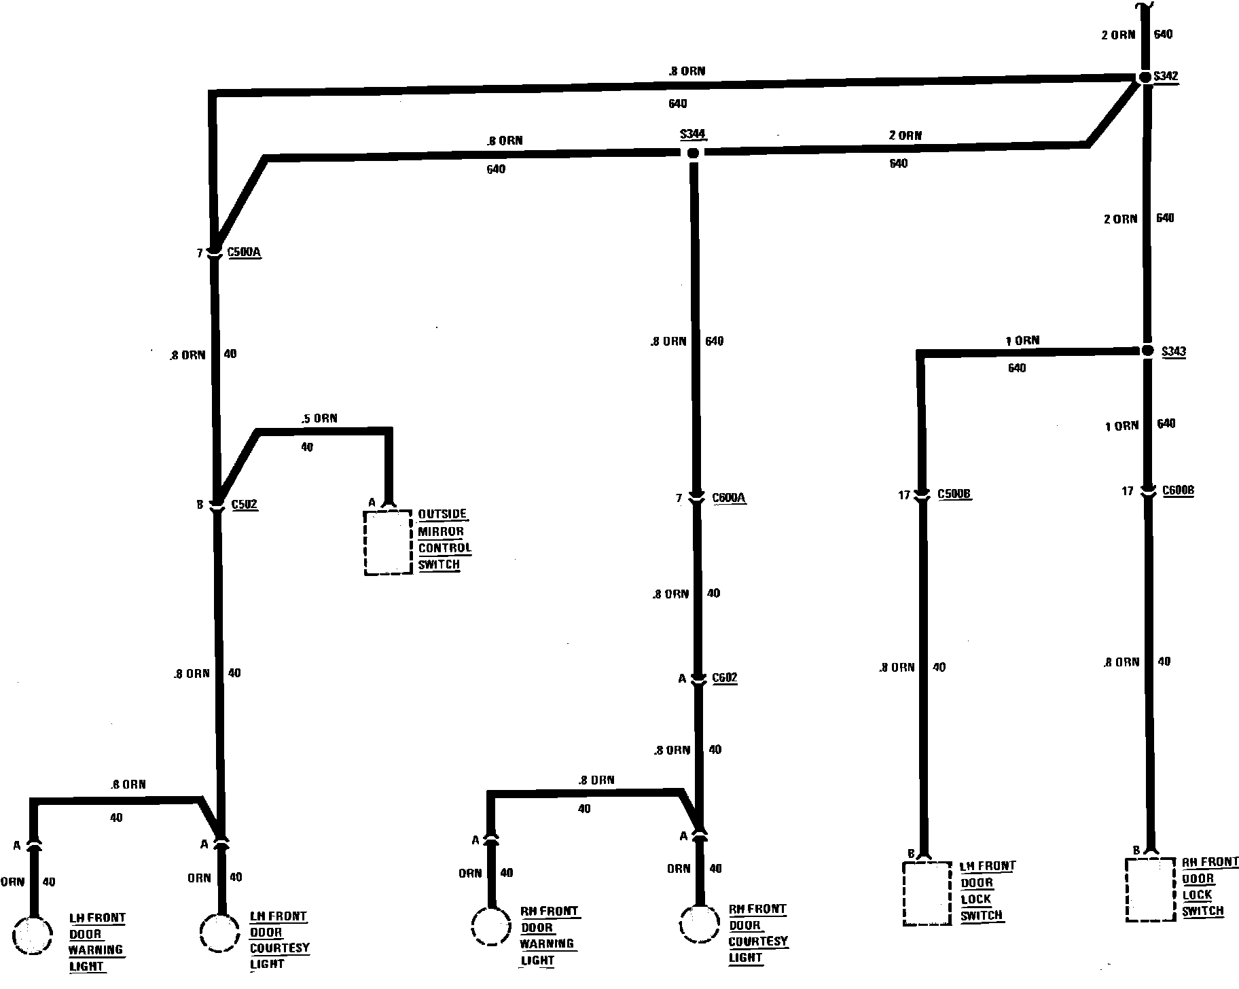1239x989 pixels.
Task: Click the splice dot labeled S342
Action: tap(1145, 77)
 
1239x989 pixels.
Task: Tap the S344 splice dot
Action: tap(693, 153)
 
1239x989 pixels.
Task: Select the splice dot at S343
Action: tap(1147, 350)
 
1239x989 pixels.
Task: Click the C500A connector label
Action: tap(244, 253)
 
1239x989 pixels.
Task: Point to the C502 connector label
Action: tap(245, 505)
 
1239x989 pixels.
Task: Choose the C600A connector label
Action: tap(729, 499)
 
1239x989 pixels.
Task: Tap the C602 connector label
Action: tap(724, 678)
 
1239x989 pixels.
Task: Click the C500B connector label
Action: tap(954, 494)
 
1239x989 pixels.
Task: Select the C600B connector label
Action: tap(1178, 490)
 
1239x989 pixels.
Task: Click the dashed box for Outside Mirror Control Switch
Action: tap(388, 543)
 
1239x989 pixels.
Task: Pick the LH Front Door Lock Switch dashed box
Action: tap(927, 893)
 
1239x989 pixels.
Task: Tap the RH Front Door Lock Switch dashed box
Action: tap(1150, 889)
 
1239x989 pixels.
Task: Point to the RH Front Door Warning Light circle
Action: tap(491, 927)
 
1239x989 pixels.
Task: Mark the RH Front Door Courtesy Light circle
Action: tap(699, 923)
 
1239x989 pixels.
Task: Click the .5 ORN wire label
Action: tap(319, 418)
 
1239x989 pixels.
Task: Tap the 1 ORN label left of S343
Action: tap(1022, 340)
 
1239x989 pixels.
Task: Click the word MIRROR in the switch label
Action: tap(441, 531)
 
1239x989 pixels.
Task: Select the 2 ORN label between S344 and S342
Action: tap(905, 135)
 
